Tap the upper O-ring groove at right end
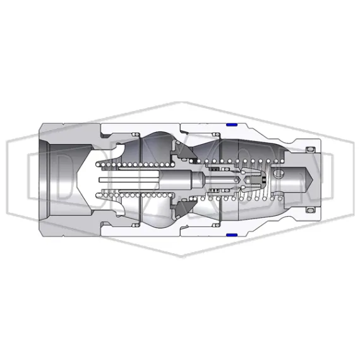click(x=309, y=150)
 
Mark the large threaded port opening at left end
click(x=63, y=179)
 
